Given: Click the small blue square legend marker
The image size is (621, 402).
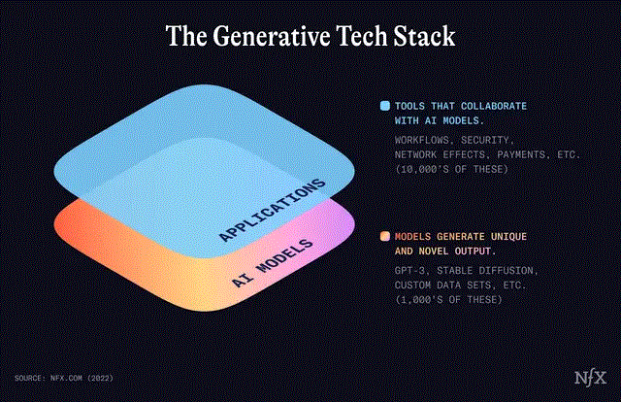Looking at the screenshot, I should coord(385,106).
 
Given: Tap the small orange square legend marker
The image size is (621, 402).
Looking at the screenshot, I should coord(385,237).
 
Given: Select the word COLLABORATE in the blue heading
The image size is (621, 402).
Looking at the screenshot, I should coord(500,106).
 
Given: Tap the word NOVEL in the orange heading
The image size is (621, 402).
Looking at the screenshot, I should coord(442,251).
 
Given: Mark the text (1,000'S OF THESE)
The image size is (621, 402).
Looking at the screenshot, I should coord(447,299).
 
